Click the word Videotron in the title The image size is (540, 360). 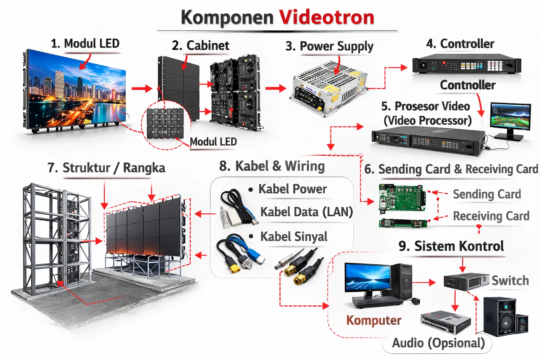pyautogui.click(x=327, y=17)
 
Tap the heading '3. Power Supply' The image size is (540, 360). pyautogui.click(x=329, y=46)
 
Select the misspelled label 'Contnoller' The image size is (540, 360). pyautogui.click(x=468, y=85)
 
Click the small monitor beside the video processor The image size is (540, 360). pyautogui.click(x=510, y=116)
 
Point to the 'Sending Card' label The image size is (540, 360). pyautogui.click(x=487, y=194)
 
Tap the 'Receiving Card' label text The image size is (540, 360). pyautogui.click(x=491, y=216)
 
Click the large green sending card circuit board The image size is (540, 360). pyautogui.click(x=402, y=198)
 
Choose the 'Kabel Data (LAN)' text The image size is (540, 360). pyautogui.click(x=306, y=212)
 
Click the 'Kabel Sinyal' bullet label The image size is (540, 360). pyautogui.click(x=294, y=237)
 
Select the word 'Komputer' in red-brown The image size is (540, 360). pyautogui.click(x=374, y=320)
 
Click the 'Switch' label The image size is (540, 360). pyautogui.click(x=510, y=281)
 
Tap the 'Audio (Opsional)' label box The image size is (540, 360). pyautogui.click(x=438, y=343)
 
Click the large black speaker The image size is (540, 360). pyautogui.click(x=500, y=316)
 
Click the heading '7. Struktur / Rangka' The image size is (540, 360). pyautogui.click(x=107, y=168)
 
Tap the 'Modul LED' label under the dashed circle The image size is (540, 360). pyautogui.click(x=213, y=142)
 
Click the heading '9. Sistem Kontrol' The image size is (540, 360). pyautogui.click(x=451, y=246)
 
